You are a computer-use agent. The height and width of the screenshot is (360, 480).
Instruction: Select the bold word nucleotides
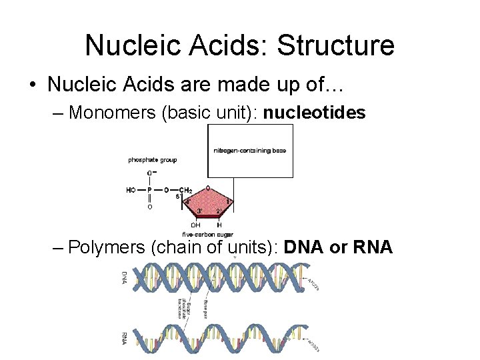(315, 113)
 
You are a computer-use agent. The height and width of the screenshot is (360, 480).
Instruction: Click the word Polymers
(107, 247)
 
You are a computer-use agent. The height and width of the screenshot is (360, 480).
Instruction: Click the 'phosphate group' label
(152, 160)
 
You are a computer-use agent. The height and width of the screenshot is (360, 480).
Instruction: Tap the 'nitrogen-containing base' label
(249, 151)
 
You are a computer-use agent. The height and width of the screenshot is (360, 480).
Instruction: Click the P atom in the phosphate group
(149, 190)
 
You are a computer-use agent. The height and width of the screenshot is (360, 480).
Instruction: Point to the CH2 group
(187, 190)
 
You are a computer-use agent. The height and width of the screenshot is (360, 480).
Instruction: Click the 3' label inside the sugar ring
(199, 211)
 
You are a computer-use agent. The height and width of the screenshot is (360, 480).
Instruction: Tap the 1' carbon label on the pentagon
(229, 201)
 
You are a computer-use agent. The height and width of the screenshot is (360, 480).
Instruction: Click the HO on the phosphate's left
(131, 190)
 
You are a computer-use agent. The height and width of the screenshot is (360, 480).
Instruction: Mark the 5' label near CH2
(179, 197)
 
